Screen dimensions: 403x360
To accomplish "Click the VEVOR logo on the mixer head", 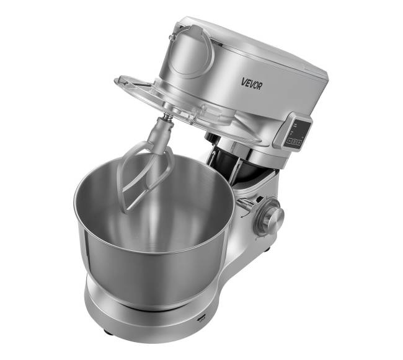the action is point(251,84).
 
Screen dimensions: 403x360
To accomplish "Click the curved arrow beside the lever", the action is point(246,213).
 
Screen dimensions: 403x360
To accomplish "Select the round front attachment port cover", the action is point(191,51).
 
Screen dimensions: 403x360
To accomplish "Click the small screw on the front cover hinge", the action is point(171,37).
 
